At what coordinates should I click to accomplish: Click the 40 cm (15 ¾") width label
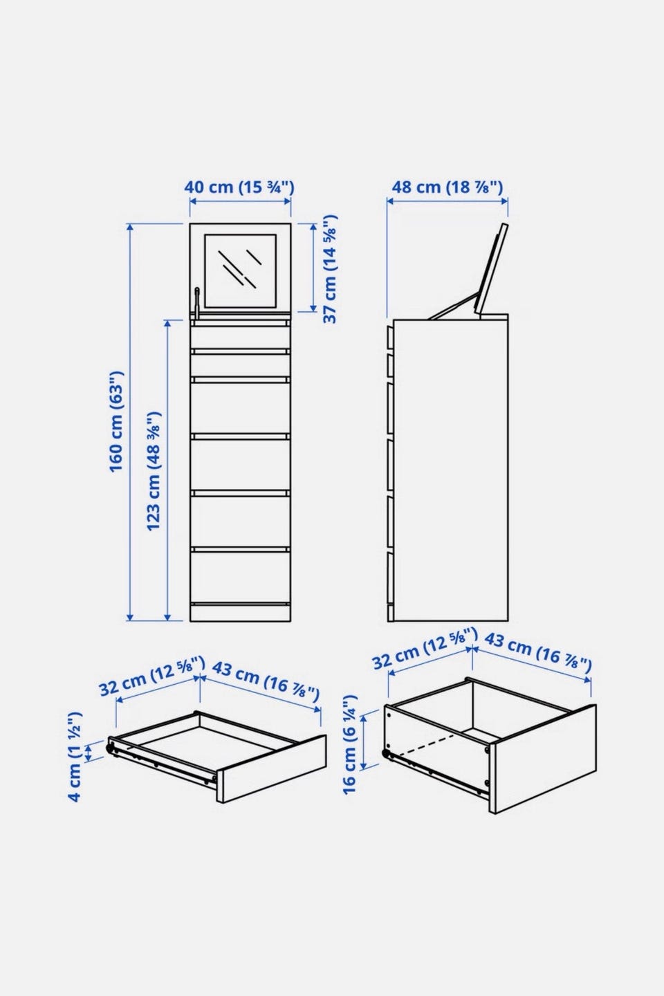point(239,187)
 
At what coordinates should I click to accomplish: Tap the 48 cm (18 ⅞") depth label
point(447,187)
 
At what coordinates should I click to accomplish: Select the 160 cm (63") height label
point(116,421)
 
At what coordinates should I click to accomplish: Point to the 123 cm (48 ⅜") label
point(154,471)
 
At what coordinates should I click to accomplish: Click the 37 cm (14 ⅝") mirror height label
point(329,268)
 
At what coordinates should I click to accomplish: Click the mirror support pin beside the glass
point(196,303)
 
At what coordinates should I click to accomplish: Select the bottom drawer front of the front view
point(240,577)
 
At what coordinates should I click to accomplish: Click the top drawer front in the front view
point(240,337)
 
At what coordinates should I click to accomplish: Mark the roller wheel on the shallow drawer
point(109,748)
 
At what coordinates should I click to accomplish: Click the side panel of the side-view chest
point(451,470)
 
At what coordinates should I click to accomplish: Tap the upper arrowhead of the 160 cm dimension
point(130,228)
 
